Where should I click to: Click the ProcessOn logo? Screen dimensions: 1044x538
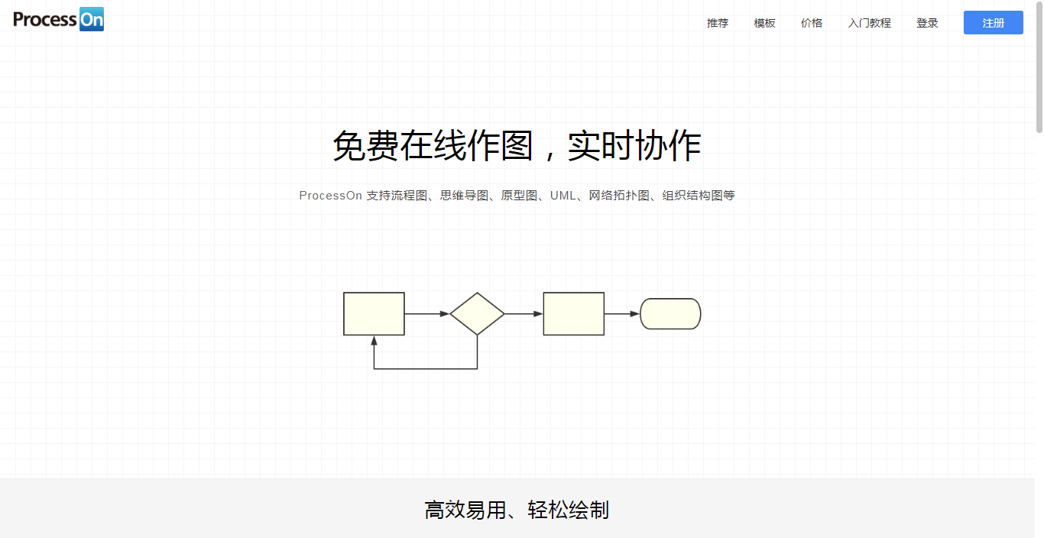click(59, 19)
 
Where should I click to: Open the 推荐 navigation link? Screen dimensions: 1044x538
click(718, 23)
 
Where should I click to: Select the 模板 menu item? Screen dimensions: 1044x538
click(764, 23)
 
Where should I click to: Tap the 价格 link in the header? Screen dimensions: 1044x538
click(812, 23)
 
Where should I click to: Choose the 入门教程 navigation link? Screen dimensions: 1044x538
click(869, 23)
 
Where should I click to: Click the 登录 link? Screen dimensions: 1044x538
click(927, 23)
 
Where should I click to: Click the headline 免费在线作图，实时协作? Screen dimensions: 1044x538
click(517, 146)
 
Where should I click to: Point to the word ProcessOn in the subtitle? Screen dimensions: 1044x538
click(330, 196)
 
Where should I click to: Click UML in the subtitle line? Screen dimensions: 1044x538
click(563, 196)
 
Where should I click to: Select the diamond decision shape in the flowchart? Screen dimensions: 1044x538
click(477, 313)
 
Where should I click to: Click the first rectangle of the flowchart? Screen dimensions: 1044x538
click(374, 313)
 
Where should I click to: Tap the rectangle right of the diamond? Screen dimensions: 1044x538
click(573, 313)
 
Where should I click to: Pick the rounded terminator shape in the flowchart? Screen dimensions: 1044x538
click(670, 313)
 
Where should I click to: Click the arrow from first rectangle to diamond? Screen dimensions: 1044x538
click(426, 313)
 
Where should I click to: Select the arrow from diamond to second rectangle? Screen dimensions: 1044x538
click(524, 313)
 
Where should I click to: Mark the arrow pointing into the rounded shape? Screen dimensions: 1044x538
click(622, 313)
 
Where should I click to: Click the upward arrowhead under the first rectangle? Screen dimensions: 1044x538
click(374, 340)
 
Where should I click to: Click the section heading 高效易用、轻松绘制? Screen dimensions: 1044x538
click(517, 510)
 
